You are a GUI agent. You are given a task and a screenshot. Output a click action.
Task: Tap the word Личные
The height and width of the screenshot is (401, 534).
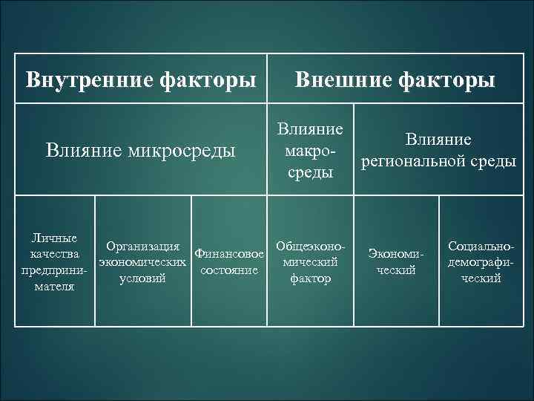point(54,238)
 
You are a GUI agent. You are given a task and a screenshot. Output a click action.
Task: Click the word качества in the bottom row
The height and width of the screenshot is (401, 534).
point(54,254)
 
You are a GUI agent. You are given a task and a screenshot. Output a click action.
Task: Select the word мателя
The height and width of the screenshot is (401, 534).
point(54,285)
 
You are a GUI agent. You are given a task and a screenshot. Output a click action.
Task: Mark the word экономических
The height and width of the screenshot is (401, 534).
point(142,262)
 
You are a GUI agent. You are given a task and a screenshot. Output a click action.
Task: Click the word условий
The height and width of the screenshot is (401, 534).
point(142,278)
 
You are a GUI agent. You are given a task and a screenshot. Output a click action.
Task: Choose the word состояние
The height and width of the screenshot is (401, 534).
point(229,270)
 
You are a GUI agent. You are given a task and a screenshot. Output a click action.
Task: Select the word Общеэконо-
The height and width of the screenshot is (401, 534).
point(310,246)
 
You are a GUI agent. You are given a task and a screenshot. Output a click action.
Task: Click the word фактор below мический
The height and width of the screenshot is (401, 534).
point(310,278)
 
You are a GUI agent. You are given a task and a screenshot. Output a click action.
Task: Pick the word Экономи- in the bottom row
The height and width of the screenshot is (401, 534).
point(395,255)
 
